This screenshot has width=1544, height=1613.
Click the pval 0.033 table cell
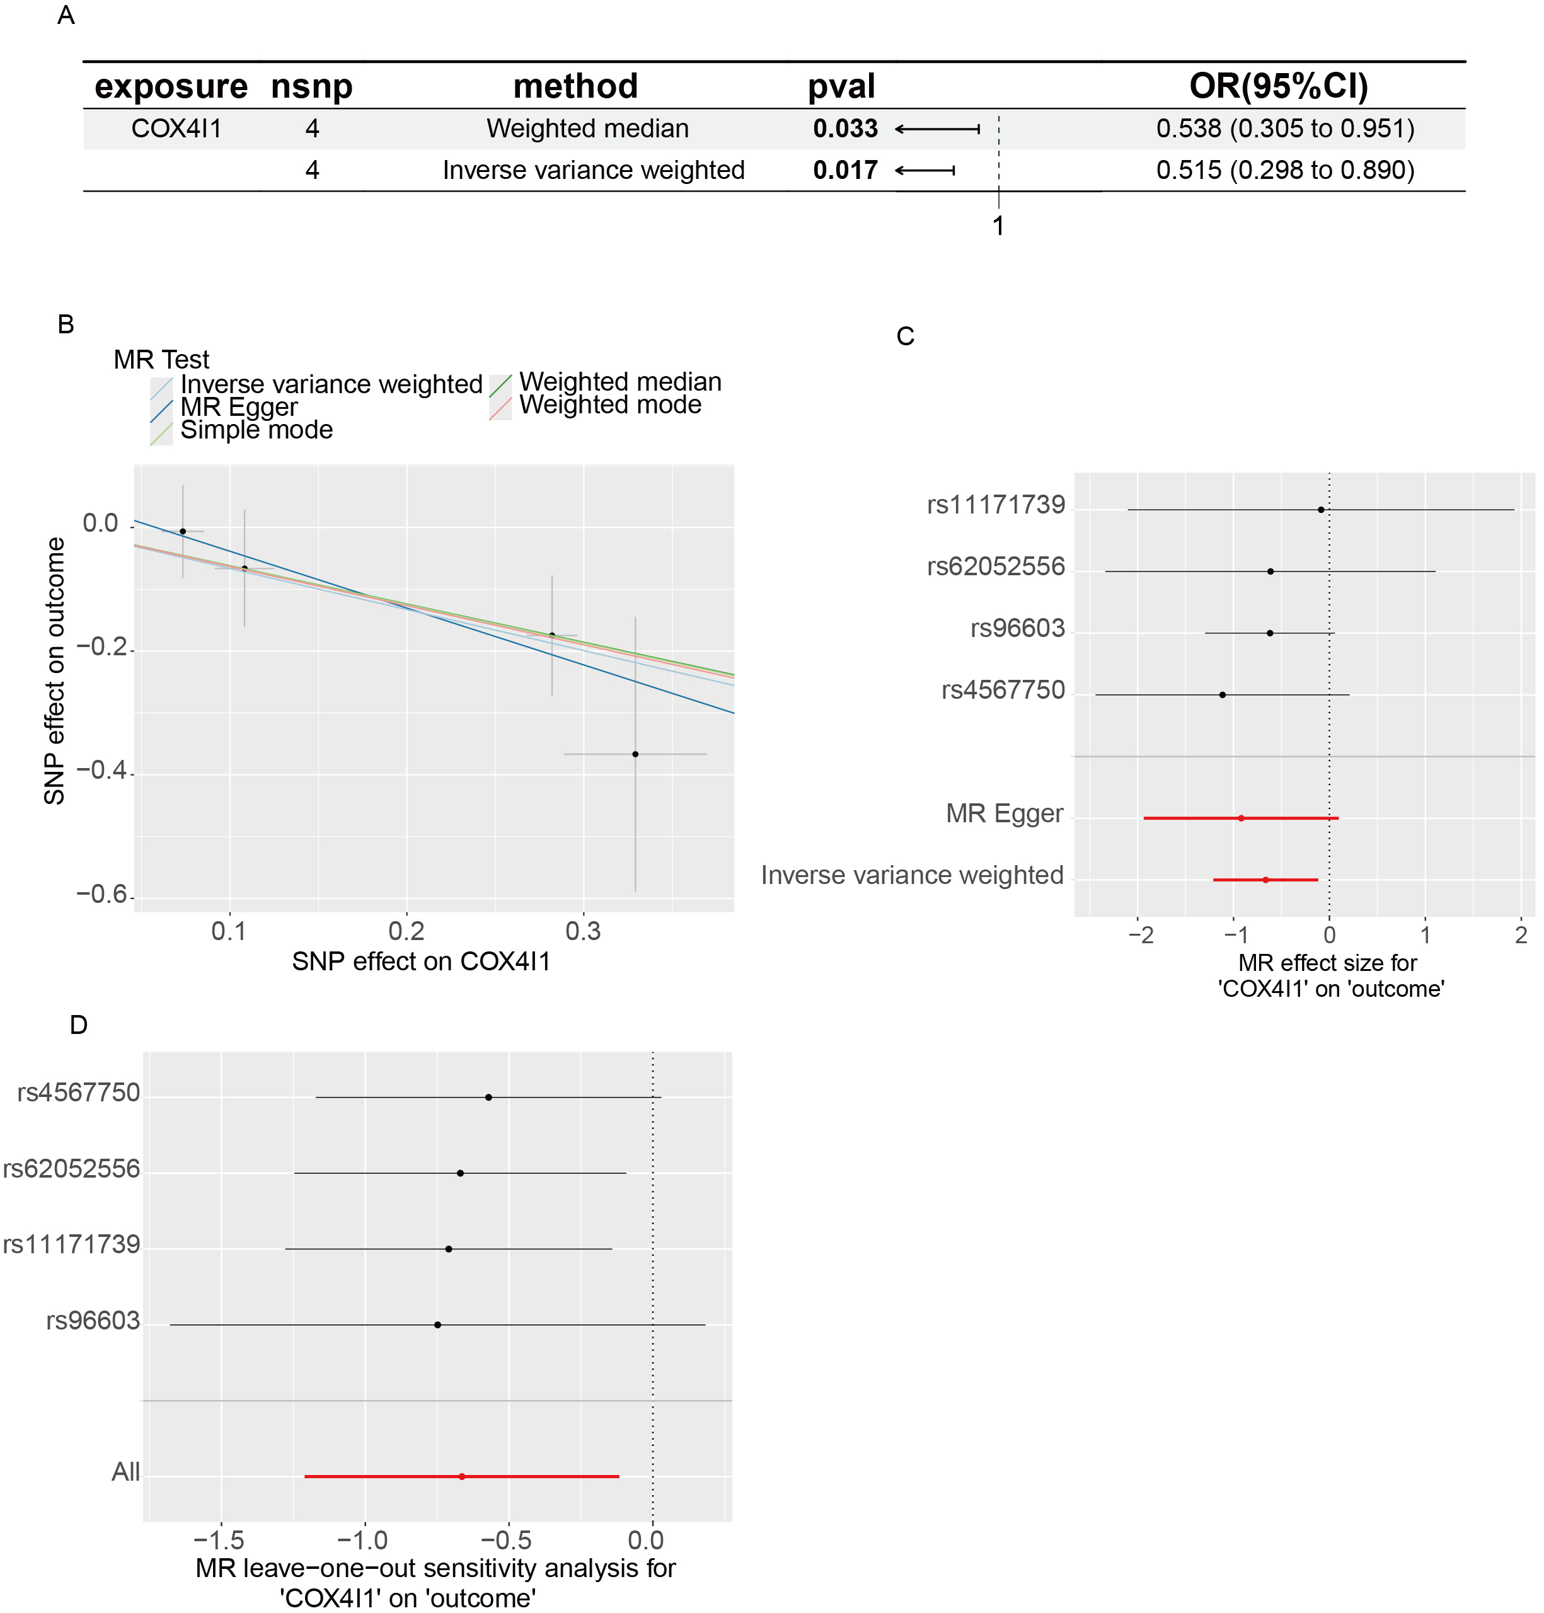[845, 129]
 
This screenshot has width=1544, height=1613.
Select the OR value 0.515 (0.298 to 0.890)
[1285, 170]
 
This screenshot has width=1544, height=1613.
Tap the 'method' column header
[575, 86]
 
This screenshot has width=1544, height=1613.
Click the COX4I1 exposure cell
[176, 129]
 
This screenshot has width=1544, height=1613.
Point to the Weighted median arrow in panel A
[938, 129]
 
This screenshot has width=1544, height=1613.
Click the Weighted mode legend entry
[610, 405]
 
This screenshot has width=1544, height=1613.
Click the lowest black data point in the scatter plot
[635, 754]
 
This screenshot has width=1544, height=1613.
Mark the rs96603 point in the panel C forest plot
[1270, 633]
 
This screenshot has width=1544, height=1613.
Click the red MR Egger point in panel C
[1241, 818]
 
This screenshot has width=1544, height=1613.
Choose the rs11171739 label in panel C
[996, 505]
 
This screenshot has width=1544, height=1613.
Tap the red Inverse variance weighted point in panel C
[1266, 880]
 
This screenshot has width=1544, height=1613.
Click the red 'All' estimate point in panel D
[462, 1476]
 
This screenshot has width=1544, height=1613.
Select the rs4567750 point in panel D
[489, 1097]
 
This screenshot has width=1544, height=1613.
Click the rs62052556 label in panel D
[72, 1169]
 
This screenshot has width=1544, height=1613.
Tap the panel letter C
[906, 336]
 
